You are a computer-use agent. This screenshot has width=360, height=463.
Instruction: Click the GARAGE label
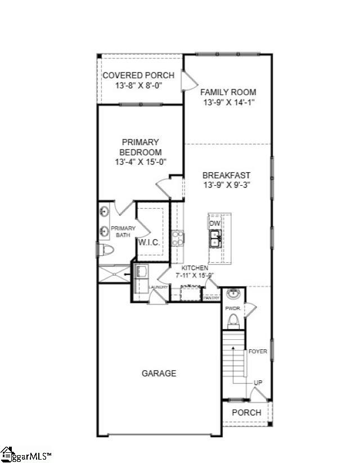(159, 373)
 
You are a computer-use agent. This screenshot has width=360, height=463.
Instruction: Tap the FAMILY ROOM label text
(228, 92)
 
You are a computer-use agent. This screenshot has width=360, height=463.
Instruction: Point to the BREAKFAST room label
(227, 176)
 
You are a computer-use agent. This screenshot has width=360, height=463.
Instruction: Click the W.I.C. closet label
(149, 242)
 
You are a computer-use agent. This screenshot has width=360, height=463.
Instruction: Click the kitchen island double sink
(215, 239)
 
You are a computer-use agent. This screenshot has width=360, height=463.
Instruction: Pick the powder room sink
(232, 295)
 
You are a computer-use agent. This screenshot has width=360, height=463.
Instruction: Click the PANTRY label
(211, 298)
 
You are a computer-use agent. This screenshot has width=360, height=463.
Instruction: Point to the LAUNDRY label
(158, 287)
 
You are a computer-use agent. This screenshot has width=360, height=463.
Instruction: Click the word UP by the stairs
(258, 383)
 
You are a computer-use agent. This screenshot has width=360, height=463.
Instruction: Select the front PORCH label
(247, 412)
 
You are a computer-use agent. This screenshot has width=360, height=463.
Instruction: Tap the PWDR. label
(233, 308)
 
